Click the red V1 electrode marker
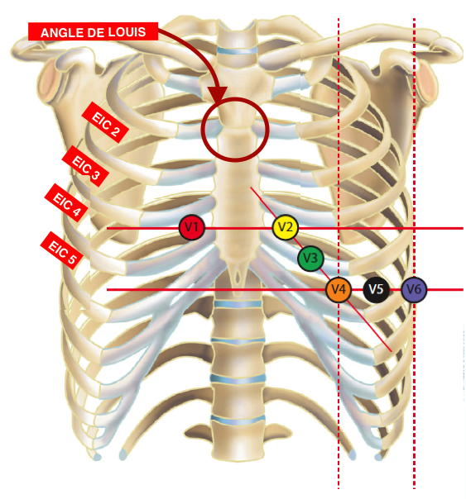[x=191, y=227]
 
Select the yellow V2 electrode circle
[x=286, y=227]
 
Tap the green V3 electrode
[x=310, y=258]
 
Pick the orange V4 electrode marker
[x=339, y=289]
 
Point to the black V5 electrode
[x=376, y=289]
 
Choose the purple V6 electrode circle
[x=414, y=289]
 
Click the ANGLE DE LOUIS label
[x=93, y=31]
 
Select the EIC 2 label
[x=105, y=122]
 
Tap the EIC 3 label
[x=85, y=166]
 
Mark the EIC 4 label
[x=66, y=202]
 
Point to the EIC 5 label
[x=62, y=250]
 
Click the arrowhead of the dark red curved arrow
[x=218, y=95]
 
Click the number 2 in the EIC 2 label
[x=115, y=131]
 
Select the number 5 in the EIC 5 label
[x=71, y=259]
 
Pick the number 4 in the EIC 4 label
[x=76, y=211]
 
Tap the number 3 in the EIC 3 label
[x=95, y=174]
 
